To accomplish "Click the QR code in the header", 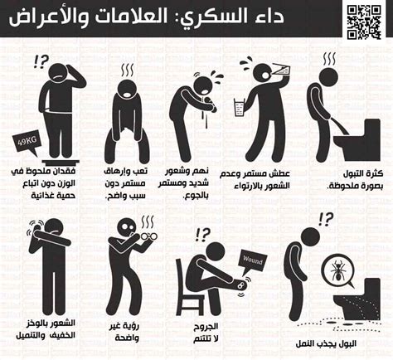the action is [364, 22].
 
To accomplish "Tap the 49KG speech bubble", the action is [27, 143].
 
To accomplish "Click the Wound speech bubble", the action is [252, 261].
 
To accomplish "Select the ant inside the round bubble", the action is [338, 269].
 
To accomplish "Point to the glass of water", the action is [240, 108].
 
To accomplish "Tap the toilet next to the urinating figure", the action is [358, 140].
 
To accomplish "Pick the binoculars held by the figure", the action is [148, 236].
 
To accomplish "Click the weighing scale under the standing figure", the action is [61, 162].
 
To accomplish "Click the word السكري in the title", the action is [206, 17].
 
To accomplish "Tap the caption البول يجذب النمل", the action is [326, 343].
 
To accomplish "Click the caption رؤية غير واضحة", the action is [127, 332].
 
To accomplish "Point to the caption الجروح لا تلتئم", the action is [206, 333].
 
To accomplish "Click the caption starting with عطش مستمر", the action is [255, 179].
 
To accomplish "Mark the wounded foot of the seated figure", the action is [241, 285].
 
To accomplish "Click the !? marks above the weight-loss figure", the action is [41, 61].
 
